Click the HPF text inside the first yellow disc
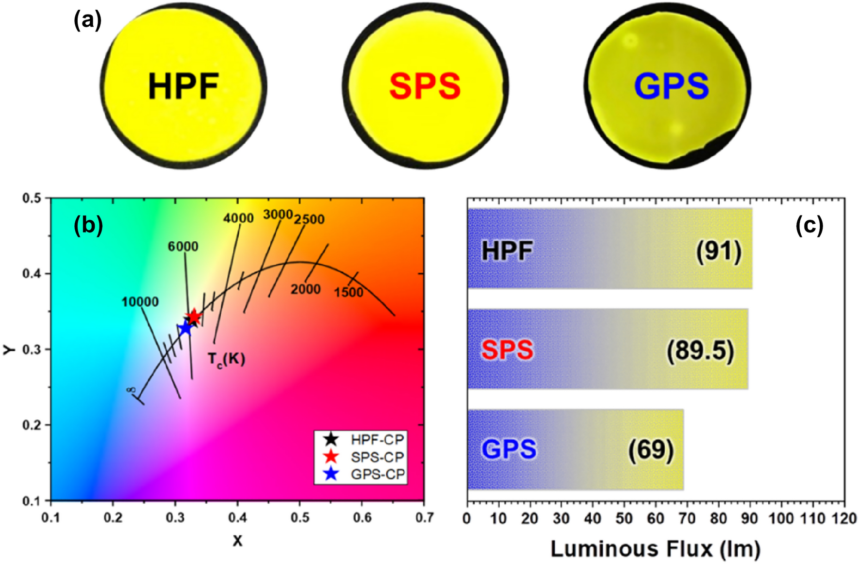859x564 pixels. [183, 86]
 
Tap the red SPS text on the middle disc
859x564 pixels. [425, 86]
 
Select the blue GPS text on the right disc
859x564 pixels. [671, 86]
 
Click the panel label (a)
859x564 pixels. [88, 20]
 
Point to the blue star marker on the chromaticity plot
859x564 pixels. [185, 329]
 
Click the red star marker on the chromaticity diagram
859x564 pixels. [194, 317]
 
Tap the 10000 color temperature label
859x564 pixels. [140, 302]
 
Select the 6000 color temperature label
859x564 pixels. [183, 247]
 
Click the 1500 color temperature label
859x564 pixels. [348, 292]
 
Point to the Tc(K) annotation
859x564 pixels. [226, 359]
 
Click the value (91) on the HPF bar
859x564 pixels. [719, 251]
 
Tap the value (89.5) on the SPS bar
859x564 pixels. [700, 350]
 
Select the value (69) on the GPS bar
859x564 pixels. [651, 450]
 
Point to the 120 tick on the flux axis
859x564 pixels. [844, 518]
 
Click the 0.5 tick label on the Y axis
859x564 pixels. [32, 198]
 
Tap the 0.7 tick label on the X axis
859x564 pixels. [424, 517]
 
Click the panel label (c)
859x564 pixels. [809, 225]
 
